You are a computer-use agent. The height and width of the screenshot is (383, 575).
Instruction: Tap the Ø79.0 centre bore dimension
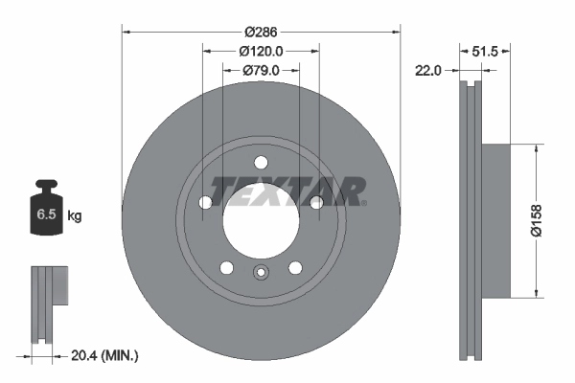tap(261, 70)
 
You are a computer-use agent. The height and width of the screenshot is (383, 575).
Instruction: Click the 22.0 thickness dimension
tap(427, 70)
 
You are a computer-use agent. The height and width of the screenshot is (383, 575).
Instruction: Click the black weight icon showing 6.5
tap(46, 211)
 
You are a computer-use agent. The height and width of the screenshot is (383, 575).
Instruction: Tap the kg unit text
tap(75, 216)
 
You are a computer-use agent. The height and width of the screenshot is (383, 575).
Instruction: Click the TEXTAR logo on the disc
tap(288, 191)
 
